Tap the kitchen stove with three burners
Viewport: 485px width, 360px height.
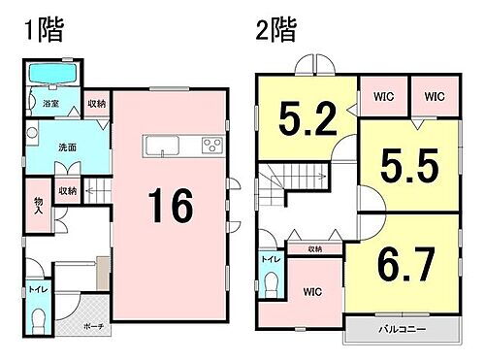[x=211, y=147]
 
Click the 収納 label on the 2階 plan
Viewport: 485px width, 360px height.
[x=316, y=249]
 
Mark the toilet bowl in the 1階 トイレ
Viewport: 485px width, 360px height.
[x=39, y=321]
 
